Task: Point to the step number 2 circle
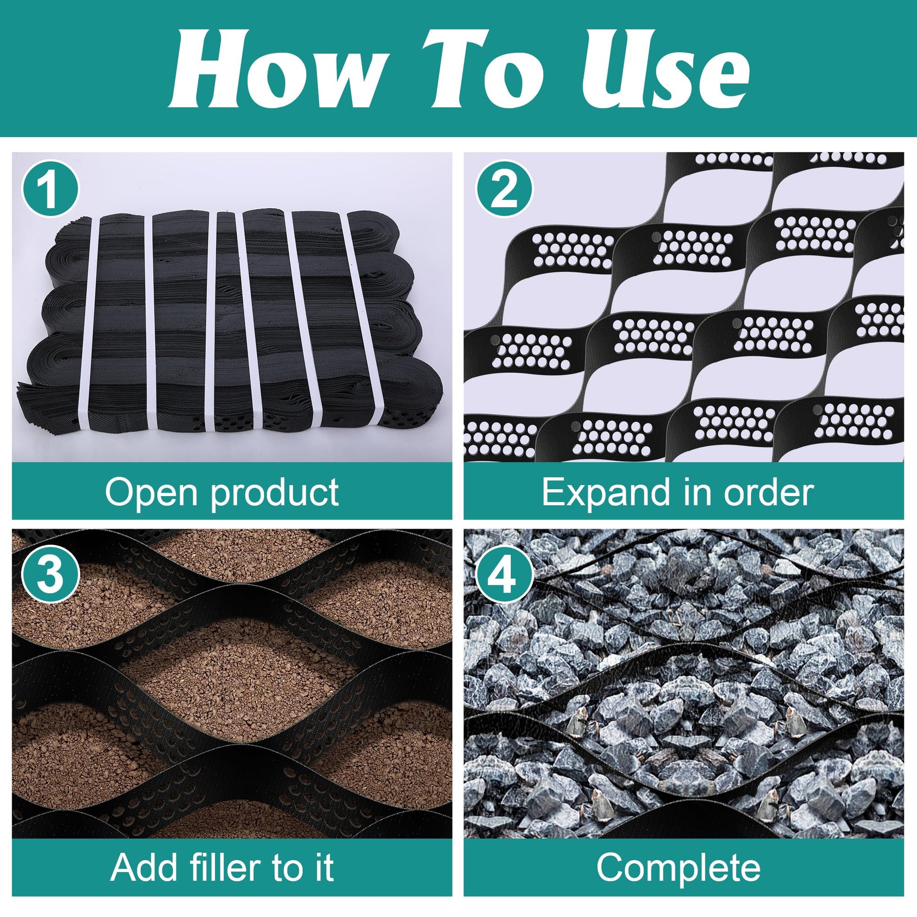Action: click(505, 189)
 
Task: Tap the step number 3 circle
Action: click(50, 575)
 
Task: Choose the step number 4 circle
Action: click(505, 575)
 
